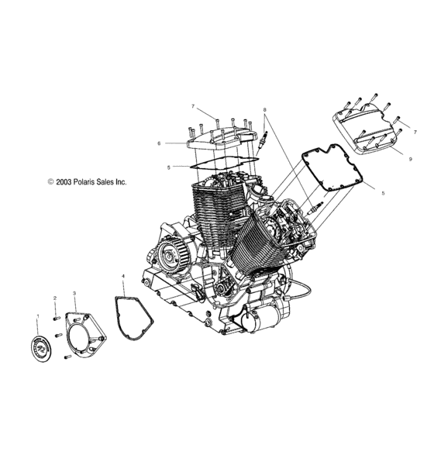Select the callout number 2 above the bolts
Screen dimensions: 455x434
[x=55, y=298]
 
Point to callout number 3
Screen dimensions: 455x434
[x=74, y=294]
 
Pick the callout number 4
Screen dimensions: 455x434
[x=122, y=276]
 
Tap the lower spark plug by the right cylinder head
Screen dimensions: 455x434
[x=315, y=209]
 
